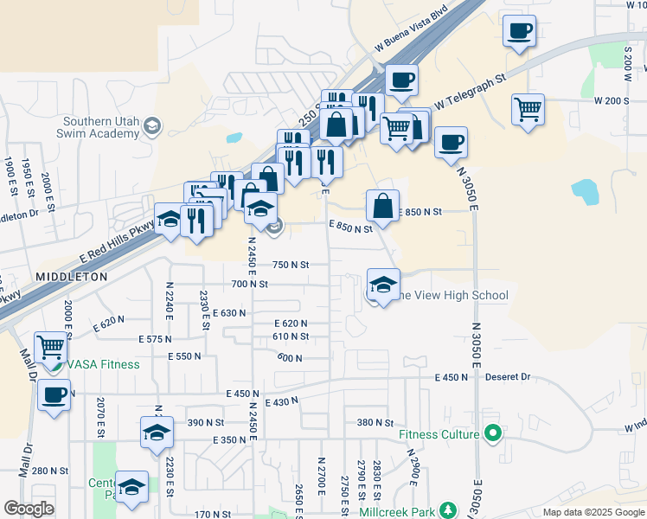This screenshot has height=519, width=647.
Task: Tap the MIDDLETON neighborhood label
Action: (x=72, y=277)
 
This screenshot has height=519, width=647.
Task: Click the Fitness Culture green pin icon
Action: (x=494, y=432)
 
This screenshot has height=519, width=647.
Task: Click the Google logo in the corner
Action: (x=29, y=509)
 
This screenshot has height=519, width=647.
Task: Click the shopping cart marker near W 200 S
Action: (x=528, y=110)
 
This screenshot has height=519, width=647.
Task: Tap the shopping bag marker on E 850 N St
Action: (x=382, y=206)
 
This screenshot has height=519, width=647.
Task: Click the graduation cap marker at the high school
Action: (x=383, y=283)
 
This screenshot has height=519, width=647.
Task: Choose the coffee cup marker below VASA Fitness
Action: (x=54, y=395)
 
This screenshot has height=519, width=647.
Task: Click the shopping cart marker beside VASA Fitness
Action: (x=51, y=347)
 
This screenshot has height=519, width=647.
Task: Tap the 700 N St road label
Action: (x=250, y=284)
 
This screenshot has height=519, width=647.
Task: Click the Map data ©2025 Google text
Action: (x=593, y=512)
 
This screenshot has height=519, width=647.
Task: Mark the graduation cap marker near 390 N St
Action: (x=157, y=432)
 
